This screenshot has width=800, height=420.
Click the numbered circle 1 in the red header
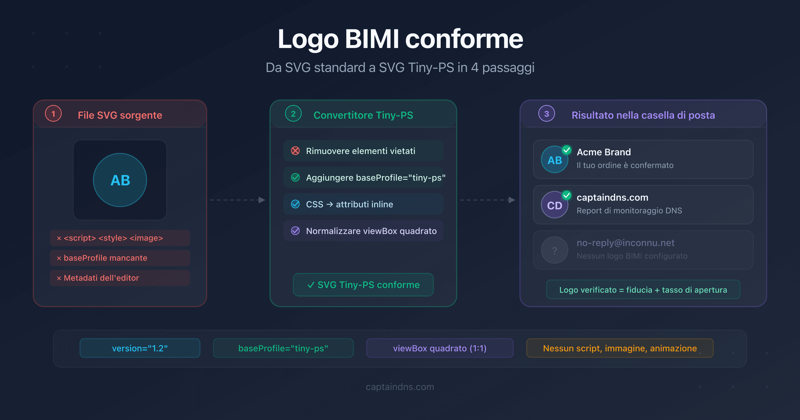(53, 114)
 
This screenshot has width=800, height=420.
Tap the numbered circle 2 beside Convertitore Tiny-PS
(293, 114)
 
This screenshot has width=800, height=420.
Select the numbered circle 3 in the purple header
(547, 114)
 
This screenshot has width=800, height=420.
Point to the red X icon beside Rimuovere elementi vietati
(295, 151)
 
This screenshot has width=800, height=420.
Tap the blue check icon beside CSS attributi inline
(295, 204)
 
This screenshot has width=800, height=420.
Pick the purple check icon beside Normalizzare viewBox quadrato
(295, 231)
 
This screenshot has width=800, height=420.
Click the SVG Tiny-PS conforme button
(363, 285)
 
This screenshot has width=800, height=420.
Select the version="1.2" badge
(140, 348)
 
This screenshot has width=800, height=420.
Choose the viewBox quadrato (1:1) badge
(440, 348)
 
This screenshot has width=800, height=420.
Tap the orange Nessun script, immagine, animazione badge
(620, 348)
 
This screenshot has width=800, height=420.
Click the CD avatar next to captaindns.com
(554, 205)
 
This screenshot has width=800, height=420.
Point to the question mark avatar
(554, 250)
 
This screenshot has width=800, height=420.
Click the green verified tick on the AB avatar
(567, 150)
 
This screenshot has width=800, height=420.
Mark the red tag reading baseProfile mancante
(120, 258)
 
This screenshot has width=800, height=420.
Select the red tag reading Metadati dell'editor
(120, 278)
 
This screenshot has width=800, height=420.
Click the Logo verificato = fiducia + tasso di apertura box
(643, 290)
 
